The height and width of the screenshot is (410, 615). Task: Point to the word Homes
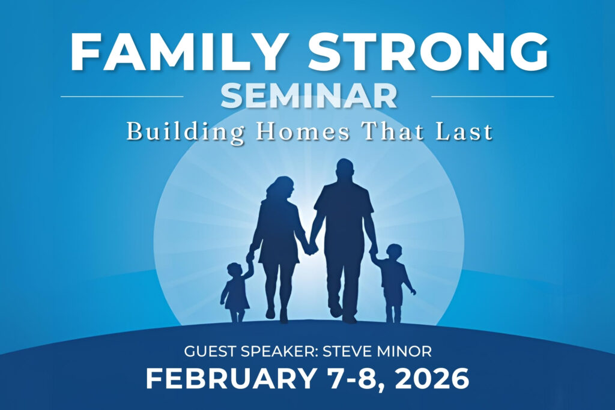tap(303, 131)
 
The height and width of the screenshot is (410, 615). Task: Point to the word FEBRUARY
tap(231, 378)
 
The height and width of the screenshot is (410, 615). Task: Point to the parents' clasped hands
tap(311, 249)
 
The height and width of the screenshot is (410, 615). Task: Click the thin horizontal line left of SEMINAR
tap(122, 95)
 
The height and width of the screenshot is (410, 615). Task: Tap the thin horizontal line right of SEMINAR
tap(492, 95)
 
